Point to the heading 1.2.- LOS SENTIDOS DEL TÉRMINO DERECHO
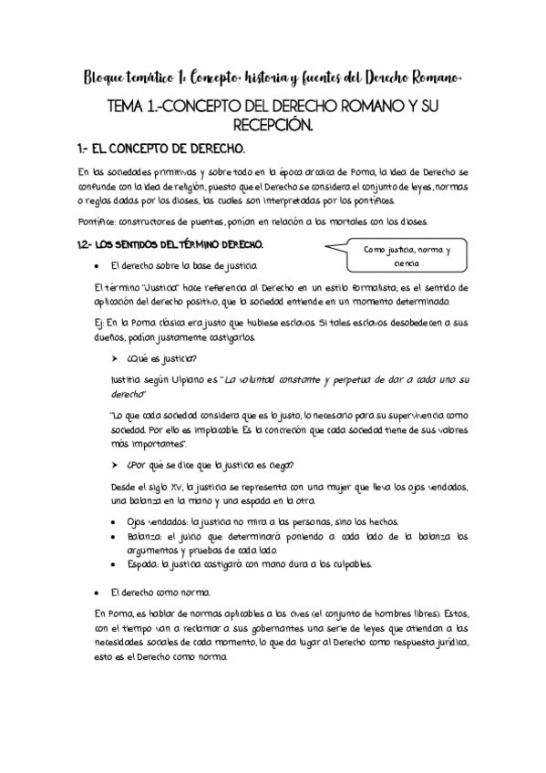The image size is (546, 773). [x=171, y=244]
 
